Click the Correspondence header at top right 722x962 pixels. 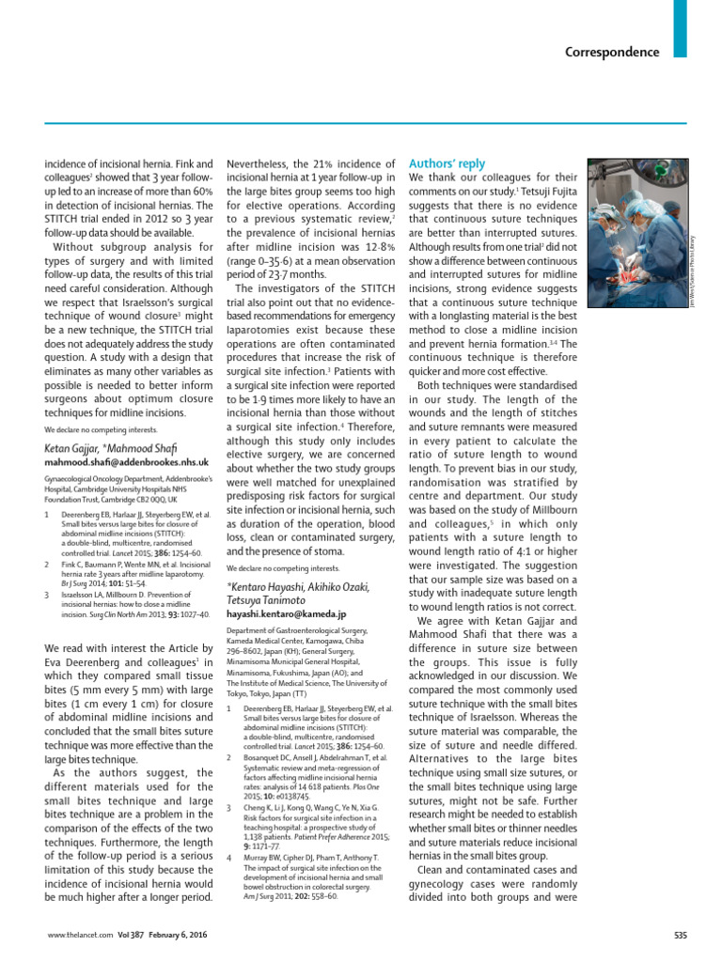point(612,52)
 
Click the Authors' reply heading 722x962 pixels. point(447,164)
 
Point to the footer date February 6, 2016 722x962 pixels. point(175,935)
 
